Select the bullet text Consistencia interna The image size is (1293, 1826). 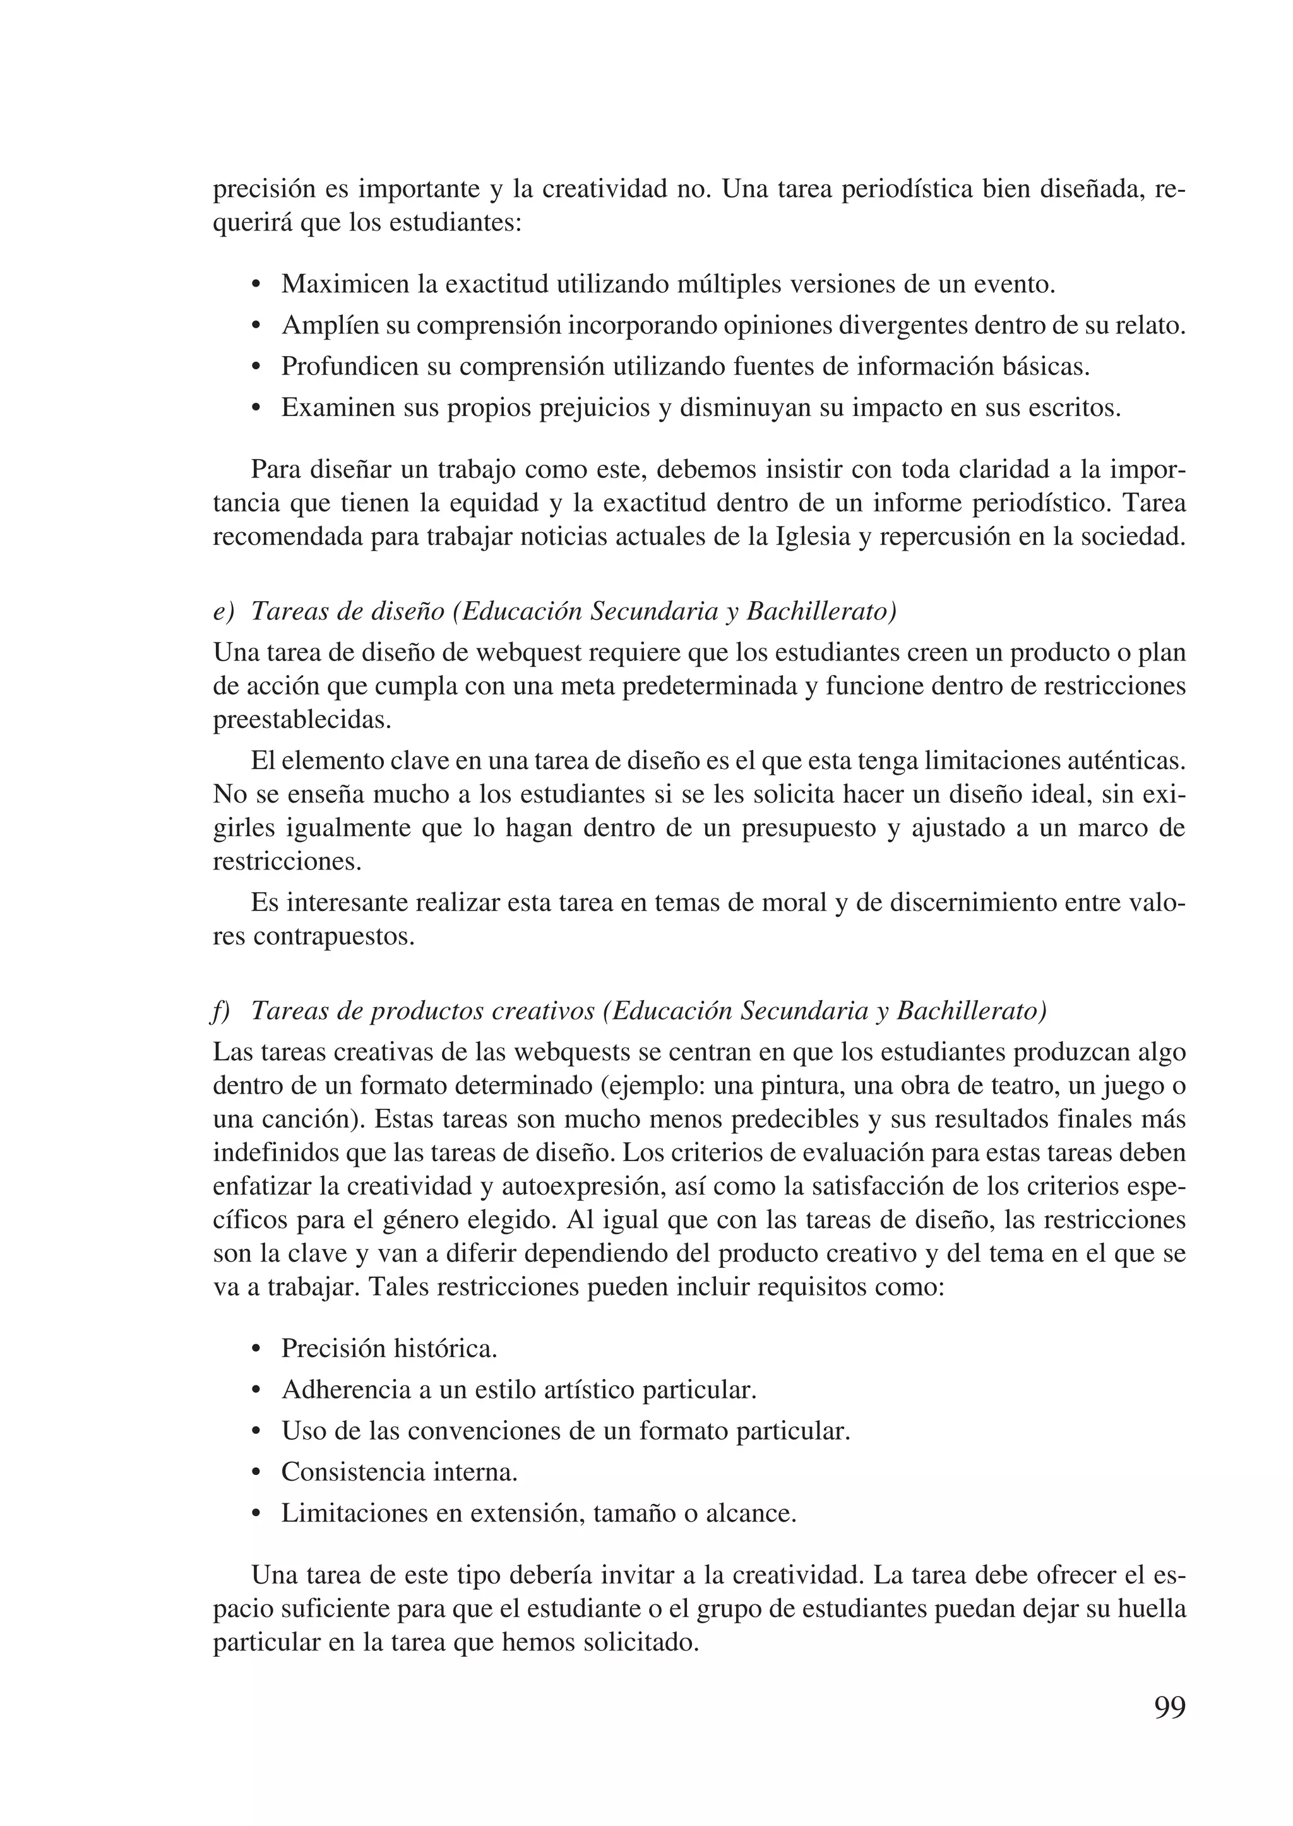click(399, 1472)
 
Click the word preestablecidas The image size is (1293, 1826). click(302, 720)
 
